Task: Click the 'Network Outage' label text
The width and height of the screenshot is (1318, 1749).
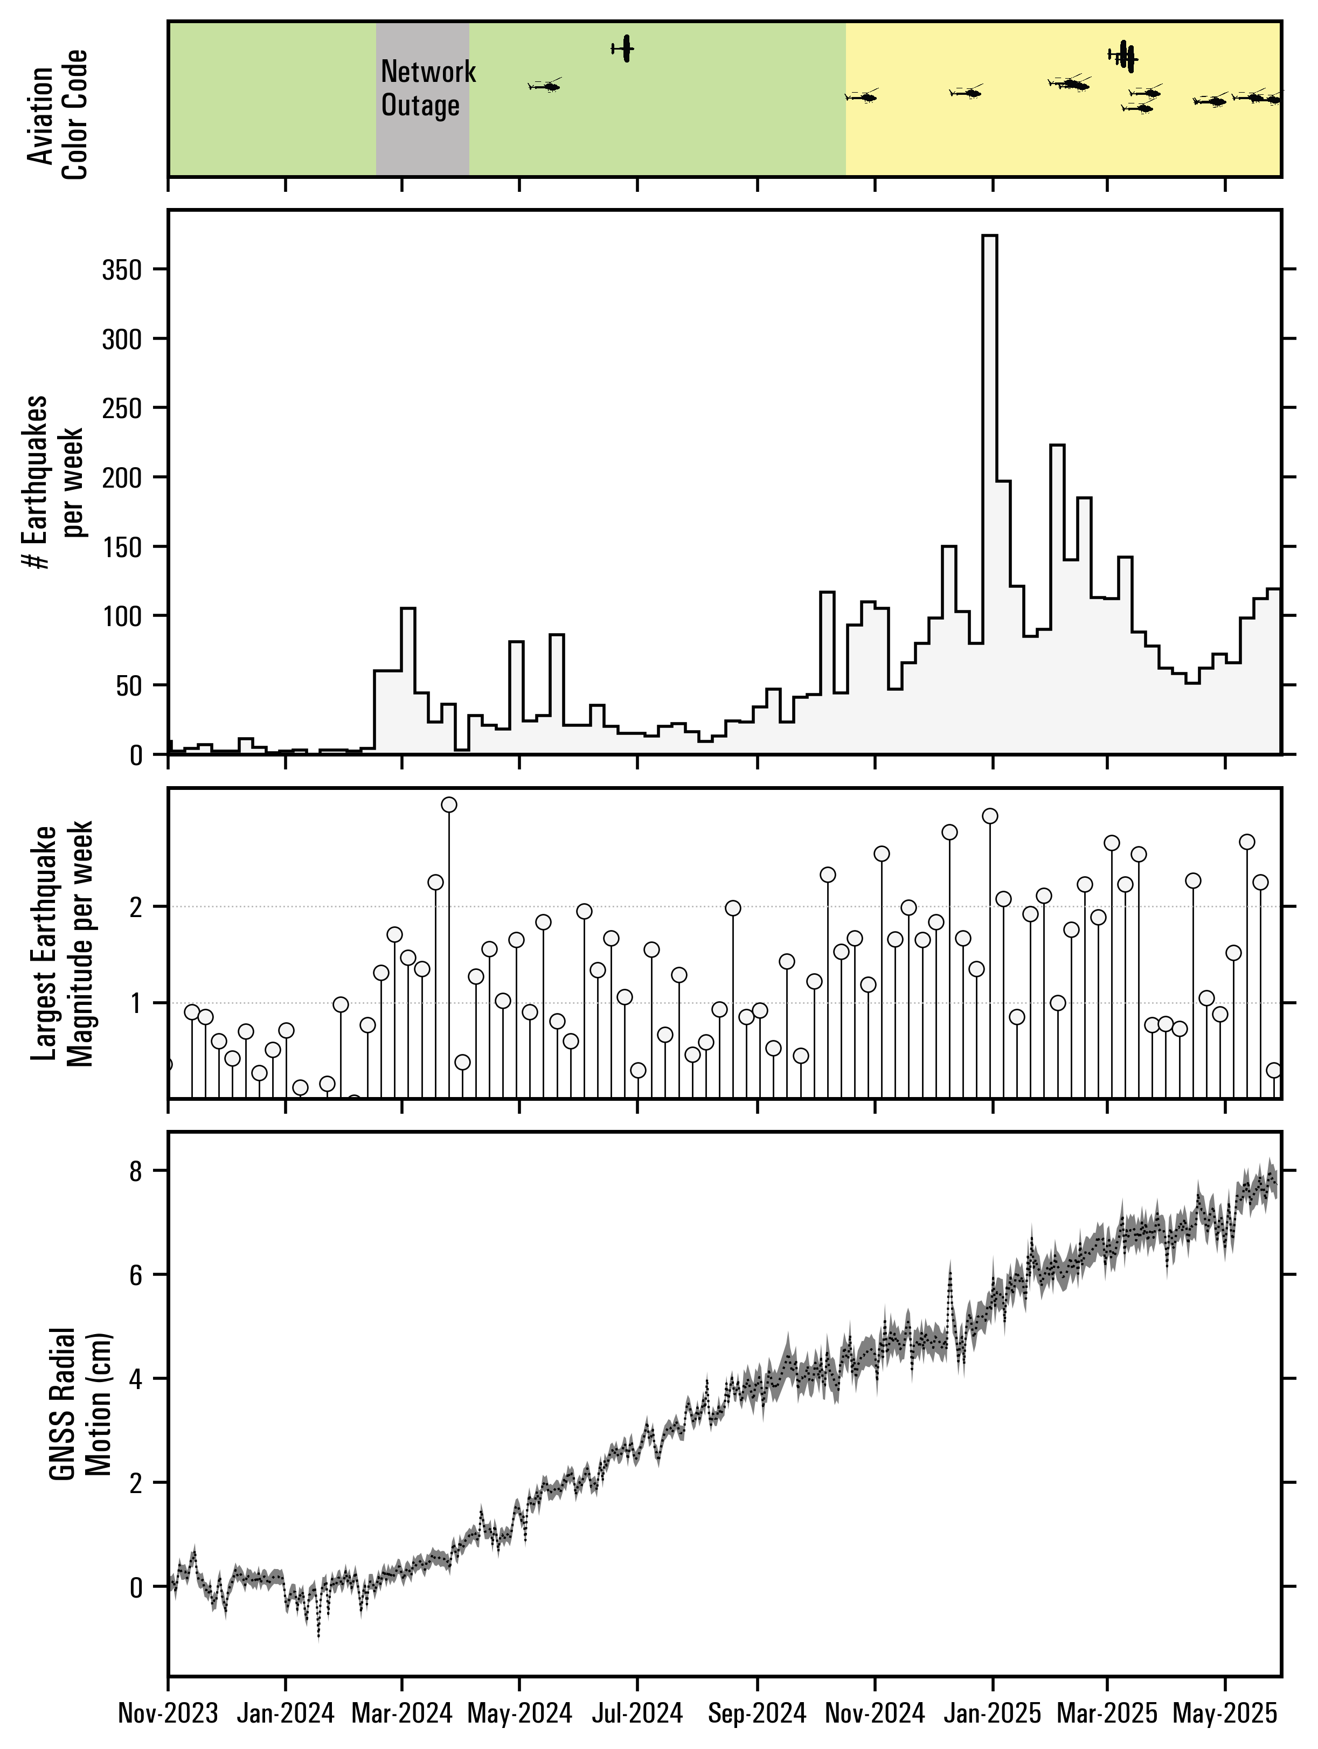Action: tap(428, 88)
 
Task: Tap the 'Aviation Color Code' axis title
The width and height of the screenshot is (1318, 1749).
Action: tap(57, 115)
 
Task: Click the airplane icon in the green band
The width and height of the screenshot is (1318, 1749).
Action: tap(624, 49)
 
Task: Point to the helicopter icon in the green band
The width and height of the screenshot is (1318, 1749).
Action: tap(545, 85)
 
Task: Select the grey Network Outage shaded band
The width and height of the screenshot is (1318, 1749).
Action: tap(422, 142)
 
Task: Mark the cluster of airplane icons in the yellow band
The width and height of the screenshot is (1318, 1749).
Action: tap(1125, 56)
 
